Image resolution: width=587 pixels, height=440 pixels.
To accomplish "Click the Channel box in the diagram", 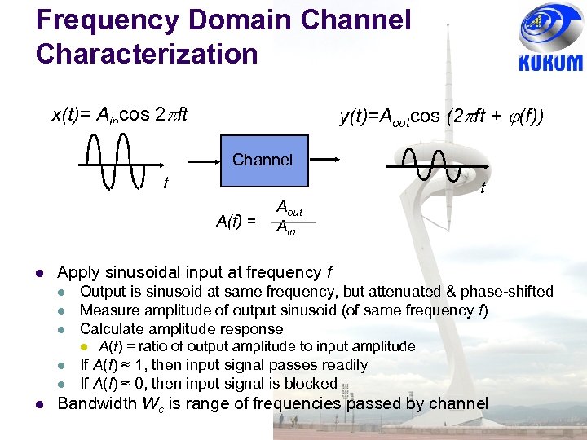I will [x=262, y=161].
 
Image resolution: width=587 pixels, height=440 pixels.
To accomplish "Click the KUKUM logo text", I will [x=551, y=63].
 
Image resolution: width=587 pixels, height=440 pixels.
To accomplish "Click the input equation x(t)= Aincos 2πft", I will [x=120, y=115].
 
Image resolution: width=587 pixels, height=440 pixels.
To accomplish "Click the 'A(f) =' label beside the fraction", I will [x=236, y=219].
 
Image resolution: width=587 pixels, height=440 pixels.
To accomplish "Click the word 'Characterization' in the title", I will [x=147, y=54].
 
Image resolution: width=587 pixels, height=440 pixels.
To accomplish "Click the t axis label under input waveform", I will [x=166, y=183].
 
